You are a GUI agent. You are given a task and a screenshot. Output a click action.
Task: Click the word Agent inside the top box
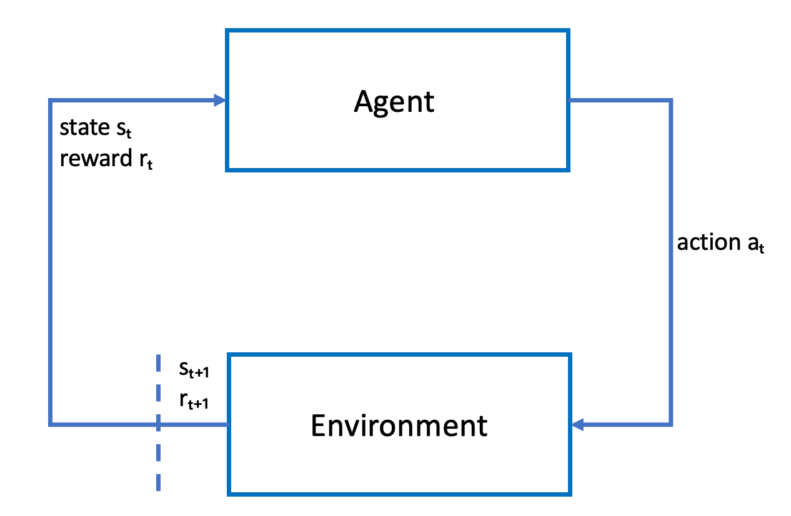(394, 101)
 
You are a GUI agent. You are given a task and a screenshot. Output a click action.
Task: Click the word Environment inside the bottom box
(399, 425)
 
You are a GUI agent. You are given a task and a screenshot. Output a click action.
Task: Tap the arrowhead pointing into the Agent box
(219, 100)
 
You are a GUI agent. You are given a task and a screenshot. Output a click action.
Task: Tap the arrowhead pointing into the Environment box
(578, 425)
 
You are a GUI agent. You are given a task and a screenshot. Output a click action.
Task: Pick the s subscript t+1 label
(194, 371)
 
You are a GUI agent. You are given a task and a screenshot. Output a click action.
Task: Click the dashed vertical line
(157, 462)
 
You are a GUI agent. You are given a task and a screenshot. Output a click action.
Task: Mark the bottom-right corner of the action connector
(671, 425)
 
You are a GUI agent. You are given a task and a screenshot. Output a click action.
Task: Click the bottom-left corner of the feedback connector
(51, 425)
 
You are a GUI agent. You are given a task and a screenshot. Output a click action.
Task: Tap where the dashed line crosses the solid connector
(157, 425)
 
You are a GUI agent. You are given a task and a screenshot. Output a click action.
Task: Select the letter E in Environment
(318, 425)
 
